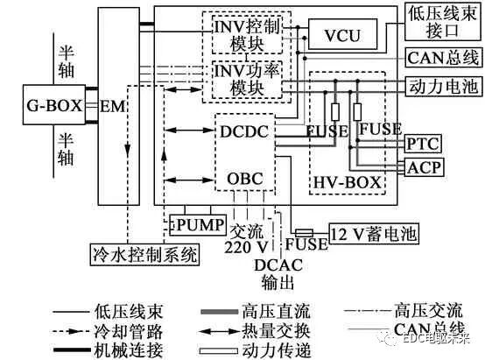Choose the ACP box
click(x=423, y=166)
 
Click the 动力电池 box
click(x=439, y=88)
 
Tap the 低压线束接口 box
click(x=439, y=24)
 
